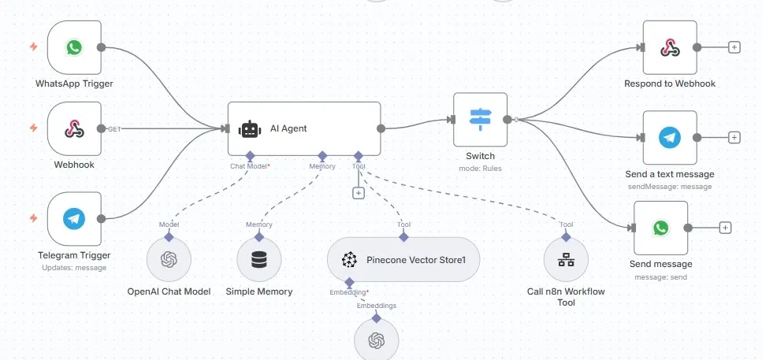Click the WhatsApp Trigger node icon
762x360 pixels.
pos(74,48)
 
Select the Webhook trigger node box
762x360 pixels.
pos(74,128)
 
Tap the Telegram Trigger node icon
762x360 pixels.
pos(74,217)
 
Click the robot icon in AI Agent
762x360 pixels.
pos(250,128)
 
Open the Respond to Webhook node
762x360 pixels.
pos(669,47)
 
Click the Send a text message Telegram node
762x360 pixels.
pos(669,137)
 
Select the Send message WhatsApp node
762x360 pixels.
pos(660,228)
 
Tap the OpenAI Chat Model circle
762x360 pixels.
pos(169,260)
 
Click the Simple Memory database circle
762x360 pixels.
pos(259,260)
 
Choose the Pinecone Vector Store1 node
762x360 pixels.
pos(403,260)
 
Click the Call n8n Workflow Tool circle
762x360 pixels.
pos(566,260)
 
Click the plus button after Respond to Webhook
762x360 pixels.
pos(734,47)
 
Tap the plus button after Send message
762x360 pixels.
pos(726,228)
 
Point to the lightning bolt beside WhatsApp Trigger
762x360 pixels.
pos(33,47)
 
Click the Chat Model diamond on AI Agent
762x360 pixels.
pos(249,155)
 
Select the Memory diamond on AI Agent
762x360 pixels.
pos(322,155)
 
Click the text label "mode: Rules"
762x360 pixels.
pos(480,168)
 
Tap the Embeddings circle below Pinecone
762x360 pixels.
pos(376,340)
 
